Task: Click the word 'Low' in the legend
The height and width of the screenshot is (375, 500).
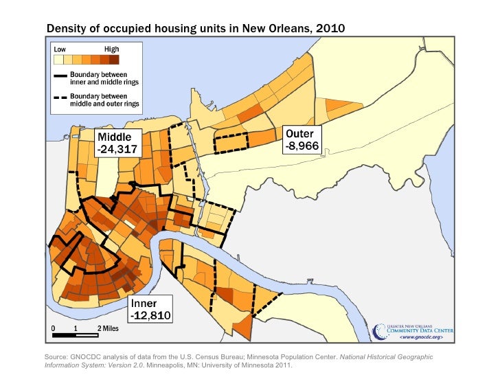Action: pyautogui.click(x=61, y=49)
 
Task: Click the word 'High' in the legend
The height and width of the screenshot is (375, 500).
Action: pyautogui.click(x=111, y=49)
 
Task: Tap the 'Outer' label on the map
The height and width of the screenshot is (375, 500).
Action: pyautogui.click(x=299, y=134)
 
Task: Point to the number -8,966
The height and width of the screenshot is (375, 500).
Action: pyautogui.click(x=299, y=146)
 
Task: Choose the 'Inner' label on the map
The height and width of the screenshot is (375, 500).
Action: pyautogui.click(x=144, y=304)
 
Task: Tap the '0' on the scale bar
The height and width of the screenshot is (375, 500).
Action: pyautogui.click(x=54, y=328)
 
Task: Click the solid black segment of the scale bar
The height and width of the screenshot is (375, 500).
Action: pyautogui.click(x=65, y=335)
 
